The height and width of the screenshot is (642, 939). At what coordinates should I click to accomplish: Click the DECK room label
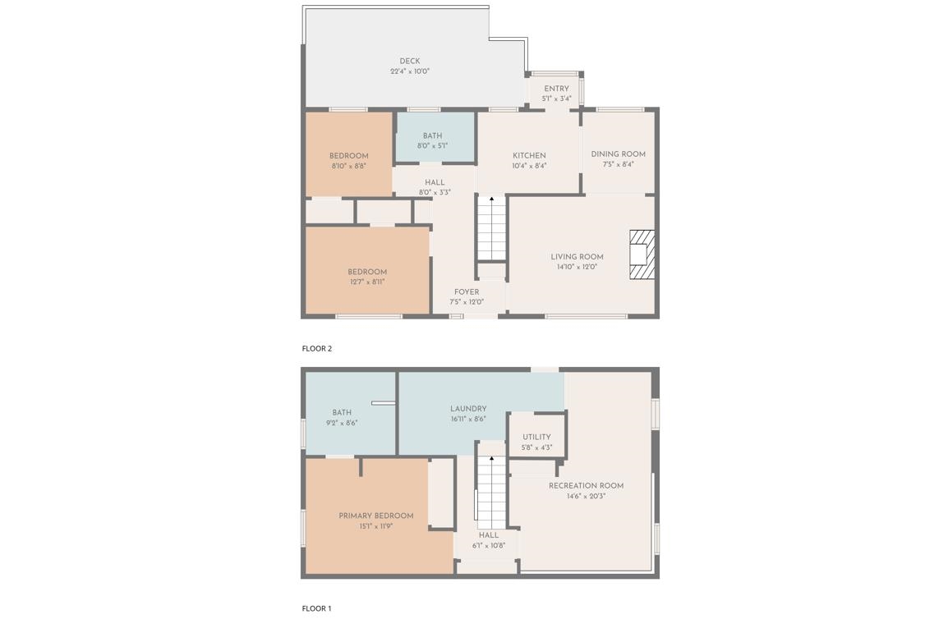click(410, 61)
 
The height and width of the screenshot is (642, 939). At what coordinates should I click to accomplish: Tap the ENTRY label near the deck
click(556, 89)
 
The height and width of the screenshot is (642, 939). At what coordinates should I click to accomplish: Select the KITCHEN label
click(529, 155)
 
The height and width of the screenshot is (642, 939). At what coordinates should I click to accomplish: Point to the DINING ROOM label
click(618, 154)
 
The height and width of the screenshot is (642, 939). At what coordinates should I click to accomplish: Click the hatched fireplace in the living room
click(642, 255)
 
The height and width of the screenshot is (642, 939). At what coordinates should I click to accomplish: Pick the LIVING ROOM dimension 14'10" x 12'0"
click(577, 267)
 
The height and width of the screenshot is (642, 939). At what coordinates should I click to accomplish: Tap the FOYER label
click(467, 291)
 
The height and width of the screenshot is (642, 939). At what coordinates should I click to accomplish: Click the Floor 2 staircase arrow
click(491, 199)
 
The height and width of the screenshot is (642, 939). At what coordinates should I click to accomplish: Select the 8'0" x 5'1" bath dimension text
click(432, 146)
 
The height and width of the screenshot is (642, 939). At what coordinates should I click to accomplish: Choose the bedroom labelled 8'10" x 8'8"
click(349, 161)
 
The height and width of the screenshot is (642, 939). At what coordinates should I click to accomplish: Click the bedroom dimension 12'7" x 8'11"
click(366, 282)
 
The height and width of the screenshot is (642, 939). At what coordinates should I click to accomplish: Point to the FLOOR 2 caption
click(317, 348)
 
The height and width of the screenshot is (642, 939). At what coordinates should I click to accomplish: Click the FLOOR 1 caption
click(316, 608)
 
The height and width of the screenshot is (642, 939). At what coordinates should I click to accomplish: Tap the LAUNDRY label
click(468, 408)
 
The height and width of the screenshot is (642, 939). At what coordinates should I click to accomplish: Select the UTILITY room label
click(536, 437)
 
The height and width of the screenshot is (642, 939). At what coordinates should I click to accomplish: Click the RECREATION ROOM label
click(586, 485)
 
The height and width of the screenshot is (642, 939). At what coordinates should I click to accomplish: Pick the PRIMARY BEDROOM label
click(376, 516)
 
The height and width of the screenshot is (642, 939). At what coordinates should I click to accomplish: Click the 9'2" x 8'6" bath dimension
click(342, 424)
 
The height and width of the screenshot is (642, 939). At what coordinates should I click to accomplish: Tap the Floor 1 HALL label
click(489, 534)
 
